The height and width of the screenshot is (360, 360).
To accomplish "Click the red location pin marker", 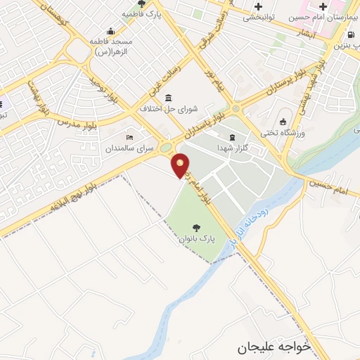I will click(181, 165).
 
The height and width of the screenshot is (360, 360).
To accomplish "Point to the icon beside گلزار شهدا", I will click(231, 136).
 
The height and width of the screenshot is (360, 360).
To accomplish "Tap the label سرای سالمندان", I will click(130, 148).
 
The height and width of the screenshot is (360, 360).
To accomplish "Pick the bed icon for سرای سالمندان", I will click(129, 137).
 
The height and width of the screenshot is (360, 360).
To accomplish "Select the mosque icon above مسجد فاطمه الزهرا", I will click(110, 31).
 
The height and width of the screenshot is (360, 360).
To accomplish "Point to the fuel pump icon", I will click(351, 34).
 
